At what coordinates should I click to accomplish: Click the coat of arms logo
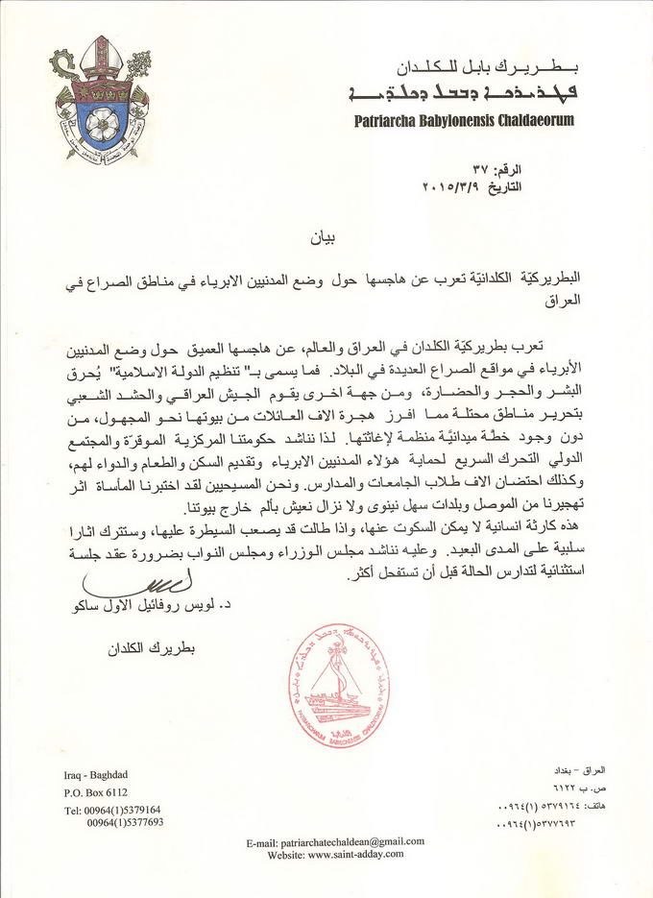100,98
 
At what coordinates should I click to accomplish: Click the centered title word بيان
323,234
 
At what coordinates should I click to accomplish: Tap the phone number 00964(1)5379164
112,811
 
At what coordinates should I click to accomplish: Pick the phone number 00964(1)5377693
125,823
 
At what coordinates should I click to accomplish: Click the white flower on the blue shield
101,121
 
